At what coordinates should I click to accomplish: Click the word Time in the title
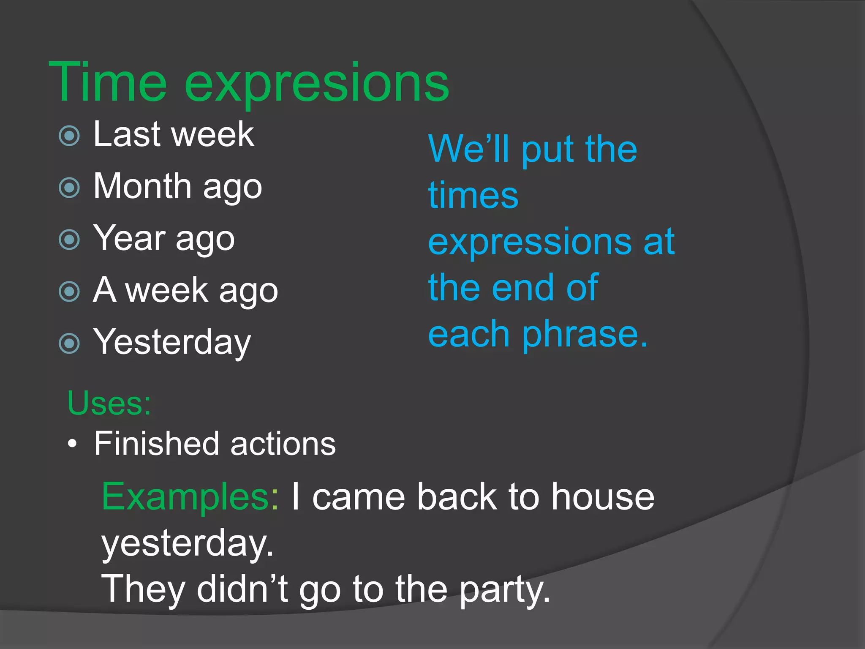tap(108, 82)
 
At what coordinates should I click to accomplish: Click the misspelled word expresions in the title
tap(317, 85)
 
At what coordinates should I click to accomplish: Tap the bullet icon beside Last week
tap(69, 136)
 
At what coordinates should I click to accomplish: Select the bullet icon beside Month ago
tap(69, 188)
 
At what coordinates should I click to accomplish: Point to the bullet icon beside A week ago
tap(69, 292)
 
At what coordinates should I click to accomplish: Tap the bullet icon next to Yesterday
tap(69, 344)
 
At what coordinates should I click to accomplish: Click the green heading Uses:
tap(109, 403)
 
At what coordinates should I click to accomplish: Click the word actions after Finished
tap(283, 444)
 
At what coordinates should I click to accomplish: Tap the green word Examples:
tap(190, 498)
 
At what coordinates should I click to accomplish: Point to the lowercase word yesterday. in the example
tap(188, 544)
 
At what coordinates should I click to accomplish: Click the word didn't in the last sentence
tap(242, 589)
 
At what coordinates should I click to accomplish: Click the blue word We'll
tap(469, 149)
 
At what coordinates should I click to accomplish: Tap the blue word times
tap(473, 195)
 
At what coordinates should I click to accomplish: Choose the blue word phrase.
tap(585, 335)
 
